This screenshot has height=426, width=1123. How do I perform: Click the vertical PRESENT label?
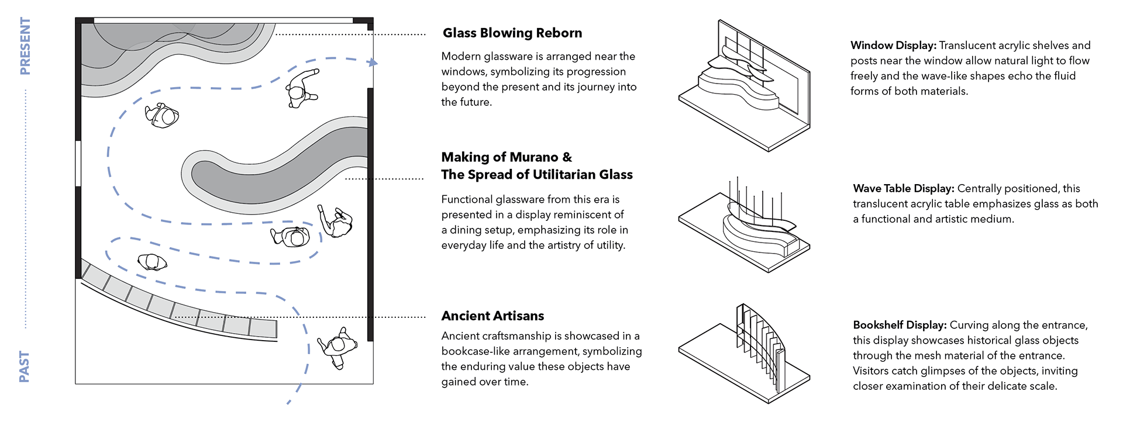tap(25, 46)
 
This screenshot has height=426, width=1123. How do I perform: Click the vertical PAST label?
tap(25, 366)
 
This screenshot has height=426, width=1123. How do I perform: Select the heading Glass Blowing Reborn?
tap(512, 33)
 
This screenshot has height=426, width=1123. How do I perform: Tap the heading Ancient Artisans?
tap(492, 316)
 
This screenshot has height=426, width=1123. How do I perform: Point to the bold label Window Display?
tap(893, 46)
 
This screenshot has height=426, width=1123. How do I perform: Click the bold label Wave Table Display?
tap(904, 189)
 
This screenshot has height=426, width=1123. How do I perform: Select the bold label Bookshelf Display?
tap(900, 325)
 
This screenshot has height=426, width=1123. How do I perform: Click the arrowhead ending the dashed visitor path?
tap(374, 63)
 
